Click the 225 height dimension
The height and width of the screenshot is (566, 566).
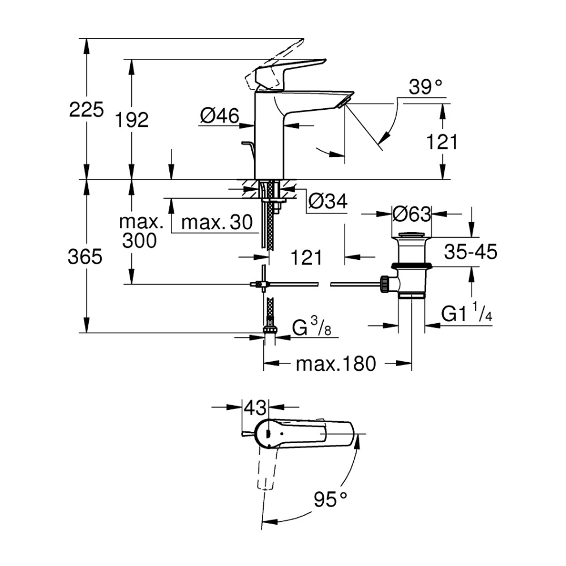[x=87, y=109]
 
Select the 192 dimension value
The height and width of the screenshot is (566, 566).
[x=131, y=119]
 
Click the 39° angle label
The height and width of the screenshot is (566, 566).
[x=426, y=87]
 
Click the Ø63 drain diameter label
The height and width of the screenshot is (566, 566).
[x=412, y=214]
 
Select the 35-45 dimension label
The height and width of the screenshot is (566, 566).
[x=470, y=252]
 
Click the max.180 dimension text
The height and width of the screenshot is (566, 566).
[x=336, y=364]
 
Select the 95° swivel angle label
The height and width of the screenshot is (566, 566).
[x=331, y=499]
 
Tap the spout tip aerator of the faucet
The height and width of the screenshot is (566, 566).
[x=345, y=101]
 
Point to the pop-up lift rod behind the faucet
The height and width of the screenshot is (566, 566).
[x=247, y=153]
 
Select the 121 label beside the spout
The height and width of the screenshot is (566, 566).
[x=442, y=141]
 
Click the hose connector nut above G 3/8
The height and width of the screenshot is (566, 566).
[x=271, y=329]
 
